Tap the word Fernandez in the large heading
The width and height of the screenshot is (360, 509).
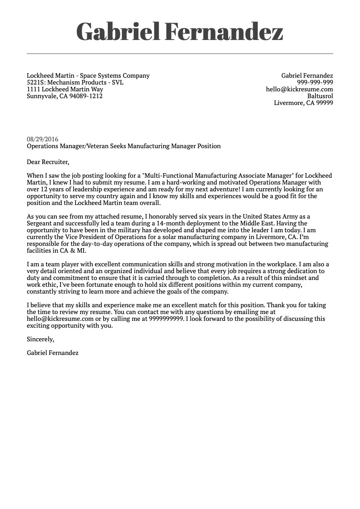click(x=223, y=32)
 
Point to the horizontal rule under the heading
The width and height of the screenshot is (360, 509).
click(x=180, y=54)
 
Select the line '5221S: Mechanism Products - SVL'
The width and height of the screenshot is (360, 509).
click(x=75, y=83)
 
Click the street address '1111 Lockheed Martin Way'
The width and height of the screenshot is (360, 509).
click(x=65, y=90)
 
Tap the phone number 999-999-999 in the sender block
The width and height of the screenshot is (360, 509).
click(x=315, y=83)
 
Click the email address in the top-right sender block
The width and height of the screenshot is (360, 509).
click(x=299, y=90)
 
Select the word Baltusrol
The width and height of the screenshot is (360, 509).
click(x=320, y=96)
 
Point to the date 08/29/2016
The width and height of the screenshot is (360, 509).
click(x=43, y=140)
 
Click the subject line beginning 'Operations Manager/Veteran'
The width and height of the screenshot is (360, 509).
click(x=124, y=146)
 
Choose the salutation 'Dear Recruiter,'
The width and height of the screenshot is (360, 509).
click(x=48, y=162)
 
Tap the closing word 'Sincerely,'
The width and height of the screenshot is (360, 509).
click(x=40, y=339)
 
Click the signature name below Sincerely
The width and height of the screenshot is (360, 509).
click(x=53, y=353)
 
